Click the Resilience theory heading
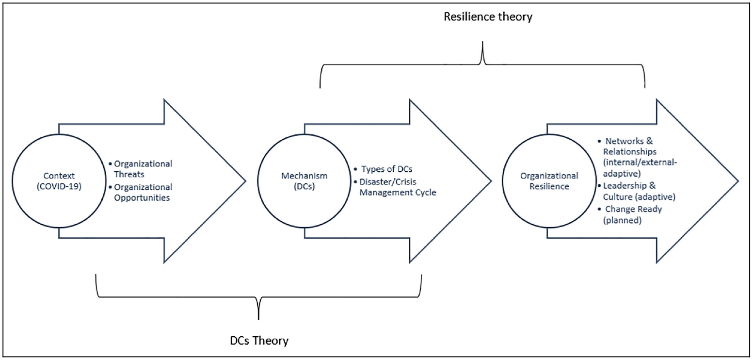[488, 17]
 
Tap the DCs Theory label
[259, 341]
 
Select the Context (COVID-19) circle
[59, 134]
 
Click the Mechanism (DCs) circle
[304, 134]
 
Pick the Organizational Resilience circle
[549, 134]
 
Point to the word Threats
[129, 174]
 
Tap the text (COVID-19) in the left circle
[59, 186]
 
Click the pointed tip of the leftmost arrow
[246, 181]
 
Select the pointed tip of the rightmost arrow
[738, 181]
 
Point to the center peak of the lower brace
[258, 318]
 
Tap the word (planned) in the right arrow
[622, 220]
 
